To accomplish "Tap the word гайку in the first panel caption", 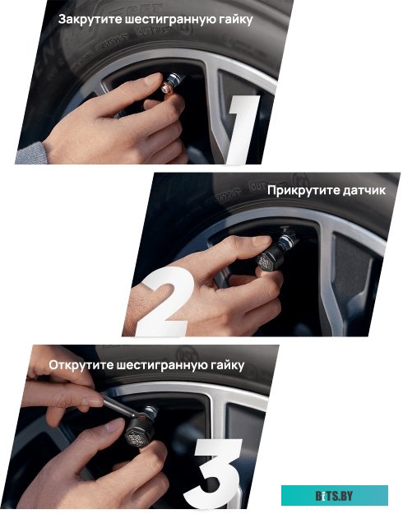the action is [235, 20].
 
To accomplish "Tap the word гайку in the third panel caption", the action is [227, 365].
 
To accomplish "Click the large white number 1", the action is [243, 129].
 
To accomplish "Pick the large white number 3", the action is [214, 474].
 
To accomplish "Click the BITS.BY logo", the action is [335, 496].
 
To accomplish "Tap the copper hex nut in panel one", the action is [167, 89].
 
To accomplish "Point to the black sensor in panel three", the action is [139, 432].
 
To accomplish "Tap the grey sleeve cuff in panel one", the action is [31, 154].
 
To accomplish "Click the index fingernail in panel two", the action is [262, 241].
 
